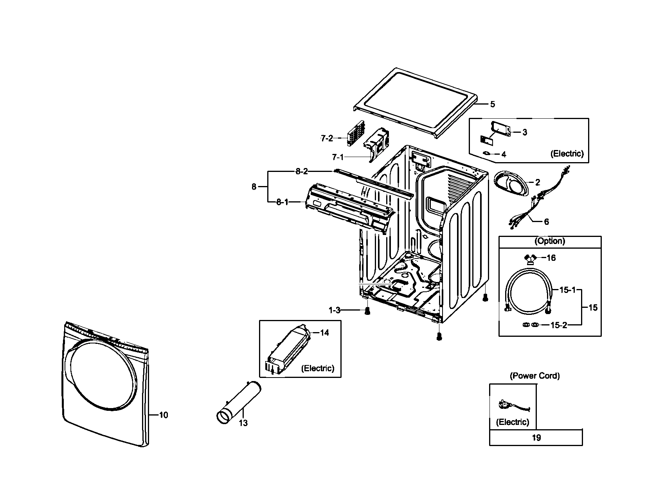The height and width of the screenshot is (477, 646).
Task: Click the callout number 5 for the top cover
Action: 493,104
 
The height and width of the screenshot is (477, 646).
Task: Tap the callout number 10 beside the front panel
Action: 164,415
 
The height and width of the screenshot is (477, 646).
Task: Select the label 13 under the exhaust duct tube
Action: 243,423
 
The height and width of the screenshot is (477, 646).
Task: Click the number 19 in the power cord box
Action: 536,437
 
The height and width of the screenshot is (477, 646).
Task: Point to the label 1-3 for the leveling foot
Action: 334,310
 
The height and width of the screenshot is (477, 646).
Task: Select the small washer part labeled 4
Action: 487,153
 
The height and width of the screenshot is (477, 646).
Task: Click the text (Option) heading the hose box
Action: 550,241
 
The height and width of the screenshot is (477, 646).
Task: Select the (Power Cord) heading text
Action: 534,376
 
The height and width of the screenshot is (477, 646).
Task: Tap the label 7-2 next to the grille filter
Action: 327,138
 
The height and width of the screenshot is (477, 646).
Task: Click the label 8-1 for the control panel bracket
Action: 283,202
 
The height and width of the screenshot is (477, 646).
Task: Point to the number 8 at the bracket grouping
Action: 254,187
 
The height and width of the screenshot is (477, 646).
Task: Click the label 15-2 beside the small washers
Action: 558,325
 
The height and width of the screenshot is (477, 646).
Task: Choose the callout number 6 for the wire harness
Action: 546,222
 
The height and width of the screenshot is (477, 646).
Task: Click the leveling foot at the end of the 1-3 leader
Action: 367,311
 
